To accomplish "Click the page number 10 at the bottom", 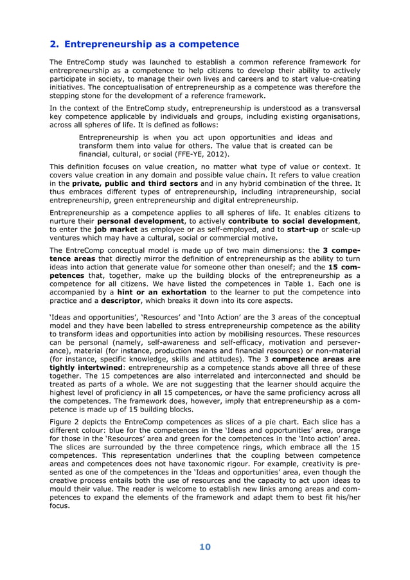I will click(x=204, y=547).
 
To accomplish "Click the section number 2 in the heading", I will click(x=53, y=44).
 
